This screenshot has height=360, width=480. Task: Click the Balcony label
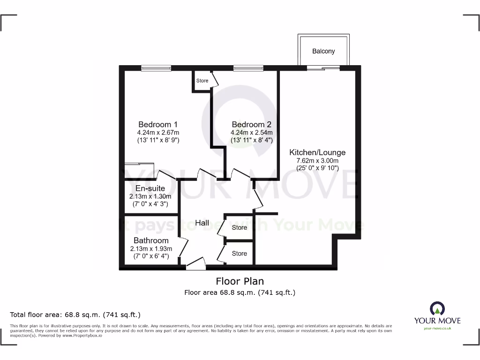(323, 51)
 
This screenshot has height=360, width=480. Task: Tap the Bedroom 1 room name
(158, 125)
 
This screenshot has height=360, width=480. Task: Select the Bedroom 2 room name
(251, 125)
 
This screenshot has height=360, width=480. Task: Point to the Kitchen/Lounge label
(317, 152)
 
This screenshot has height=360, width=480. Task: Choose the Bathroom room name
(151, 240)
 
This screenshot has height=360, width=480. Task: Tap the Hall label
(202, 223)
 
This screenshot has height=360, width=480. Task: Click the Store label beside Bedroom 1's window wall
(202, 81)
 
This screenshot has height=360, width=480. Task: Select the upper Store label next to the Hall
(239, 227)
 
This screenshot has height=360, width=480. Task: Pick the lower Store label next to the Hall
(239, 253)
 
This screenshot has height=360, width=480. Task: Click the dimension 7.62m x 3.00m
(317, 160)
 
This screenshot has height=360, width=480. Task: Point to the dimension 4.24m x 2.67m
(158, 133)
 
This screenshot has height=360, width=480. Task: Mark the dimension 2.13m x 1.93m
(151, 248)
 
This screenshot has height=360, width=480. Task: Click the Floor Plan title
(240, 281)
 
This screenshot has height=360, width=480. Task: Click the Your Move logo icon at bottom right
(437, 308)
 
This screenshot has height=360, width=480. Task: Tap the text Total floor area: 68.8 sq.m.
(75, 315)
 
